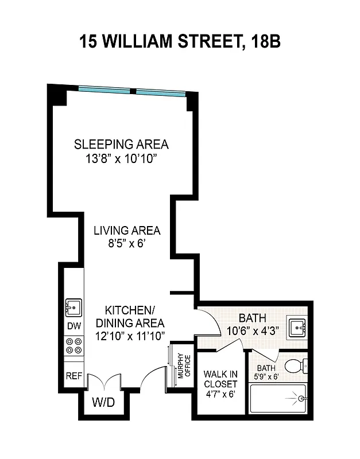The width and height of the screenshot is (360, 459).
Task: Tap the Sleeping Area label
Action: click(122, 143)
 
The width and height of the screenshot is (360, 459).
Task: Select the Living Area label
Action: click(127, 231)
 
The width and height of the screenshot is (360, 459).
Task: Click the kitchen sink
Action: click(73, 308)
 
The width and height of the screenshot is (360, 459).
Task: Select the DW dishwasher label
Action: click(73, 326)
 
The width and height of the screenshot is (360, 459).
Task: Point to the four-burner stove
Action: click(73, 345)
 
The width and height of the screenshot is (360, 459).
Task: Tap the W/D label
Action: click(104, 402)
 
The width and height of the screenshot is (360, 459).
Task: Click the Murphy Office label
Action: click(183, 366)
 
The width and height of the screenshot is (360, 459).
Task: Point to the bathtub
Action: click(279, 398)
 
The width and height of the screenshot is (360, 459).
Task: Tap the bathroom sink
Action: click(298, 327)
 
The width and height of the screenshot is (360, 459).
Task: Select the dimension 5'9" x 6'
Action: click(266, 376)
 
